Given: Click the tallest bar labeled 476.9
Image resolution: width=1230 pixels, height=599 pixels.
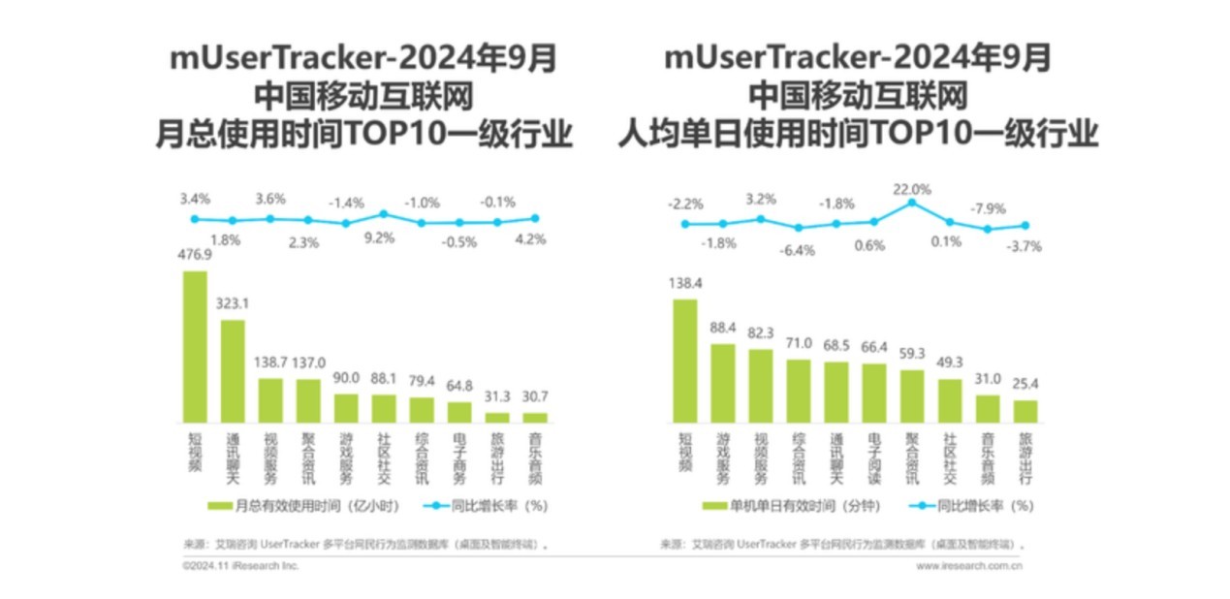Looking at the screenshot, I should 195,346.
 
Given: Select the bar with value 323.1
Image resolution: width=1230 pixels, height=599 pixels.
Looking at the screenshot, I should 233,370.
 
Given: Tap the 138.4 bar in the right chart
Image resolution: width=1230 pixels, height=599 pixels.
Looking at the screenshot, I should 684,360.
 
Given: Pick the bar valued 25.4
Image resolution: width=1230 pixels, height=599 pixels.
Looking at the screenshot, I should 1025,411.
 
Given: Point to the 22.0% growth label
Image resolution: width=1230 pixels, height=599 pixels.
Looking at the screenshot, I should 911,189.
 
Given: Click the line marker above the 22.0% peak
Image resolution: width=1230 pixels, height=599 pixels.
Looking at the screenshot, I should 911,203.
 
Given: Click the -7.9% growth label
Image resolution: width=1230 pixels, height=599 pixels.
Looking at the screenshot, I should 988,208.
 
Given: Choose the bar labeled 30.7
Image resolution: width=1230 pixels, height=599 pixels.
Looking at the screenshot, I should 535,417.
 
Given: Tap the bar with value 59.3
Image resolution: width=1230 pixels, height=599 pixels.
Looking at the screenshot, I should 911,395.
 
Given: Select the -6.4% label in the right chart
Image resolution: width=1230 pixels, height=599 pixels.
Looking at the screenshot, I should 798,249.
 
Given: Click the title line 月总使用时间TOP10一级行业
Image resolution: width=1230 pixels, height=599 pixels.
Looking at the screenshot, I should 363,134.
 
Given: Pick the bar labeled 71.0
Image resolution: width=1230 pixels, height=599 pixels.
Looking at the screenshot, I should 798,391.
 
